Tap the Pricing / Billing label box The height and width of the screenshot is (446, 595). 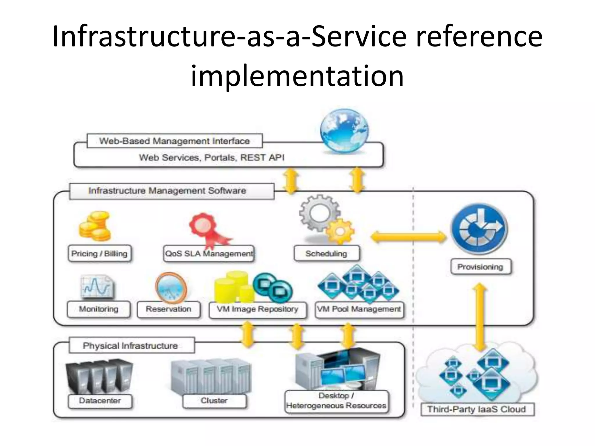[x=99, y=254]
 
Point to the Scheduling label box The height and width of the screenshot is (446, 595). [x=327, y=254]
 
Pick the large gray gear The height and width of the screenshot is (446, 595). [x=319, y=213]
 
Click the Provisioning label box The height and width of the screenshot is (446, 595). [x=480, y=267]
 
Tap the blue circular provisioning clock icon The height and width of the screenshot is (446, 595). [x=480, y=229]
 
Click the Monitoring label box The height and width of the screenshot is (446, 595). [x=99, y=309]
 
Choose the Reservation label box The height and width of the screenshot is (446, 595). [x=169, y=309]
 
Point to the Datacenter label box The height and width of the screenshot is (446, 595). [x=100, y=401]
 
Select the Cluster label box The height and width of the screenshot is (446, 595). [x=214, y=401]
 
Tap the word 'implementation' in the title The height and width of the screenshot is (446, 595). [x=297, y=76]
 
